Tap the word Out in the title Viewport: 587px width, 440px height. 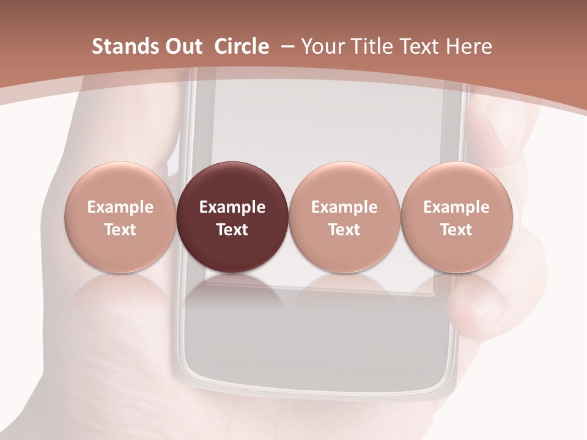click(x=182, y=46)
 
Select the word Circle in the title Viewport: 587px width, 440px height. click(x=242, y=46)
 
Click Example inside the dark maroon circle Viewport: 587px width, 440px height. click(x=232, y=207)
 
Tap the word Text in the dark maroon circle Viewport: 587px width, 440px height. click(x=232, y=230)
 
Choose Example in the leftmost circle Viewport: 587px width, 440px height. click(x=120, y=207)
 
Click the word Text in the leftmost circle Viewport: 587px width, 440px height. click(x=120, y=230)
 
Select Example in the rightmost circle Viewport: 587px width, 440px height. click(x=456, y=207)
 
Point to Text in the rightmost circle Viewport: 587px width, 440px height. click(x=456, y=230)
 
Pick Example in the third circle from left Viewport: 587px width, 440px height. click(x=344, y=207)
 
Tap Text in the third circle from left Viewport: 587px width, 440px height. click(x=344, y=230)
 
